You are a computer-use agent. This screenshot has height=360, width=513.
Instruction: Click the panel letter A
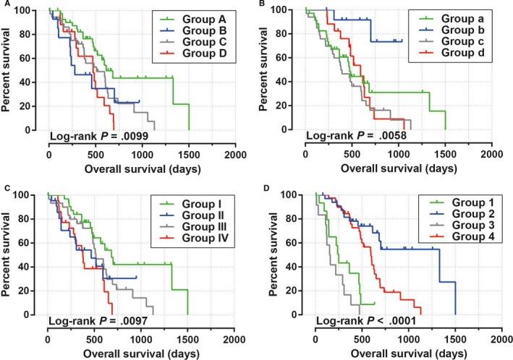[x=4, y=4]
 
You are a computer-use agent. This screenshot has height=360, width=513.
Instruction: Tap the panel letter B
[x=262, y=4]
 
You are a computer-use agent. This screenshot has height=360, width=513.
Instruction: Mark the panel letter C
[x=4, y=189]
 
